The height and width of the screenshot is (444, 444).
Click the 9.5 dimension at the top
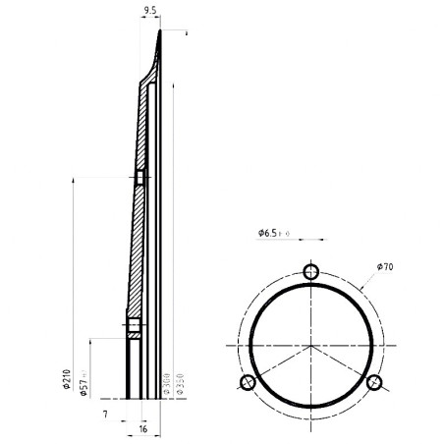click(x=150, y=11)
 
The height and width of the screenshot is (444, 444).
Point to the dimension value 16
click(x=143, y=429)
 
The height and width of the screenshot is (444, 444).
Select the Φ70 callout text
click(x=385, y=266)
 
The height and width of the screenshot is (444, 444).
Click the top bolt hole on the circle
click(x=311, y=272)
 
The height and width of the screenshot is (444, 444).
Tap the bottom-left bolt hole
click(x=249, y=381)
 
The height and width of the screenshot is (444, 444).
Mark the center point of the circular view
click(x=311, y=345)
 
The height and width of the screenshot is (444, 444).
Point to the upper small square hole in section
click(x=139, y=177)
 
